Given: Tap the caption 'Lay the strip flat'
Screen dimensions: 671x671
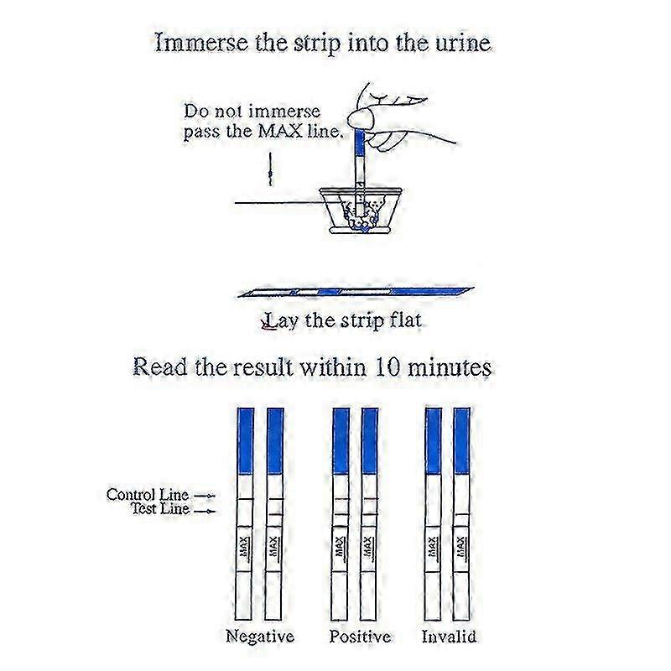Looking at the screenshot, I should [344, 320].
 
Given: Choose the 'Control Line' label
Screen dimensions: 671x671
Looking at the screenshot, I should [148, 495].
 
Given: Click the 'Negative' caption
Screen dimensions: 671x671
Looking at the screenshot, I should [260, 636].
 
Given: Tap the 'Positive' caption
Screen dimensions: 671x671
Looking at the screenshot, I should [359, 636].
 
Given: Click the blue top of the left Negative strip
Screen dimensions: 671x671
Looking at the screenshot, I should [247, 441].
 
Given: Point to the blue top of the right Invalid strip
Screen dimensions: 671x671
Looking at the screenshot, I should [461, 441].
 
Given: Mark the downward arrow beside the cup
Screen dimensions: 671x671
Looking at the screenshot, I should [271, 168].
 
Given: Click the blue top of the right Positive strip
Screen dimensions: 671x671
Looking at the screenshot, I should [369, 441].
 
